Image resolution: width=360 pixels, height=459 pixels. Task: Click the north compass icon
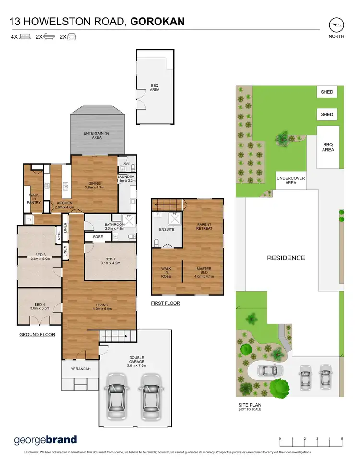[336, 24]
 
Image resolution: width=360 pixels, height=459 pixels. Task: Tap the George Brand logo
[45, 440]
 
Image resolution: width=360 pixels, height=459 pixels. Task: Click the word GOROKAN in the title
[157, 21]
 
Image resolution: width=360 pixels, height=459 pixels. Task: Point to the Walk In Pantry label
[34, 199]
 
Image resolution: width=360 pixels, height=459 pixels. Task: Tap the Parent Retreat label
[204, 226]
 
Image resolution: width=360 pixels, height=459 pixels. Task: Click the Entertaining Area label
[96, 135]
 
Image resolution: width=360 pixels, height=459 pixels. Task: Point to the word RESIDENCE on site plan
[286, 258]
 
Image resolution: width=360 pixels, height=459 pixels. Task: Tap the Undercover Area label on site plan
[290, 180]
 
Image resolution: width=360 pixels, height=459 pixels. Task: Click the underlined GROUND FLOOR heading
[37, 335]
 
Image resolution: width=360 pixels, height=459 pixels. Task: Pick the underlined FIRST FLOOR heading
[165, 303]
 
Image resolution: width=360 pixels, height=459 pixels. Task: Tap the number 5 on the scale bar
[342, 439]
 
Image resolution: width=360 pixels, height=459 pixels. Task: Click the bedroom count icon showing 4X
[21, 36]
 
